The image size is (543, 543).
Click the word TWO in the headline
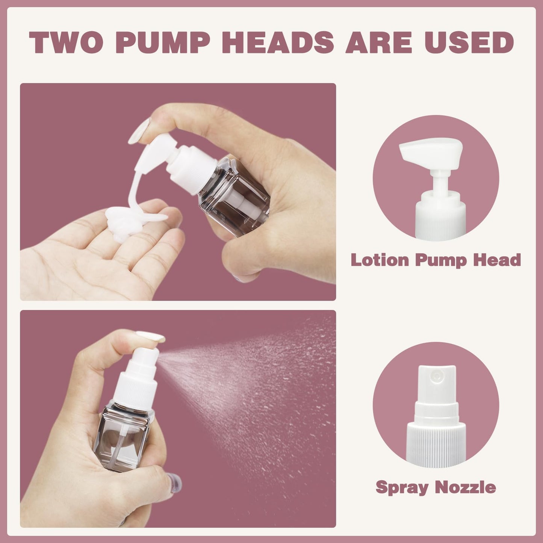[x=65, y=42]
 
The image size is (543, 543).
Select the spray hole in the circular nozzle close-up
[x=437, y=375]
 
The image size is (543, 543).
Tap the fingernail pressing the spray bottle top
[x=151, y=336]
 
